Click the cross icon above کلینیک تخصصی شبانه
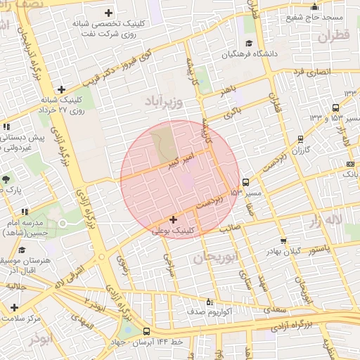click(108, 13)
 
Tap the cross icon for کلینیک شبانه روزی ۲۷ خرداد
click(62, 89)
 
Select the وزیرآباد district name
click(164, 103)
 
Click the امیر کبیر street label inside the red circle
click(183, 159)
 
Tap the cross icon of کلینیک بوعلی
click(174, 220)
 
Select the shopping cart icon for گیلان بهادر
click(283, 240)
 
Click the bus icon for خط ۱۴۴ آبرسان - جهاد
click(146, 331)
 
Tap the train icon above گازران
click(301, 139)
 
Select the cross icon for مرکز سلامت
click(15, 307)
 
